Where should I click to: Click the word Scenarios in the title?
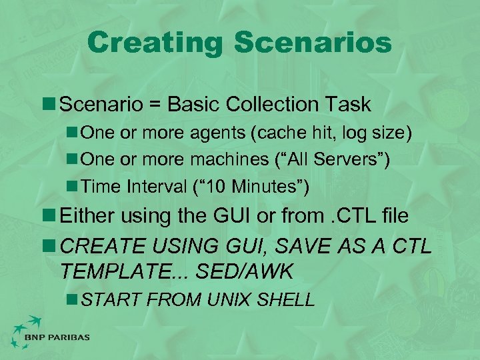point(313,43)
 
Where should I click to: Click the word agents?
point(213,133)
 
